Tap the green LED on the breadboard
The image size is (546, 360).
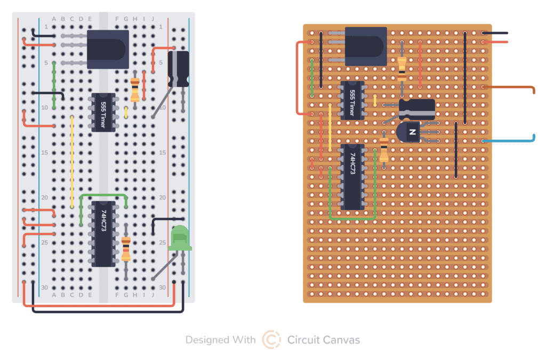[179, 238]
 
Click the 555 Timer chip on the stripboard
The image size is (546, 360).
[352, 101]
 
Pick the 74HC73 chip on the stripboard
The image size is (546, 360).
[352, 176]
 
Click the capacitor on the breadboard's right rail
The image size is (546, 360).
[179, 68]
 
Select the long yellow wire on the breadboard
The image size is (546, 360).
[72, 160]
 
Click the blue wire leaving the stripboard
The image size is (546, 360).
[512, 141]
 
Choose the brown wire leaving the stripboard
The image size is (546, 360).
[512, 86]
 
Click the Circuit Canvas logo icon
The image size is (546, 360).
[271, 340]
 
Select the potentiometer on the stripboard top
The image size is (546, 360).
[366, 46]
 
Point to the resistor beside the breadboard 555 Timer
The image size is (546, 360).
[135, 89]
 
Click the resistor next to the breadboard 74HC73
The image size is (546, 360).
[126, 249]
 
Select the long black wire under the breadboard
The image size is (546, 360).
[107, 311]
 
